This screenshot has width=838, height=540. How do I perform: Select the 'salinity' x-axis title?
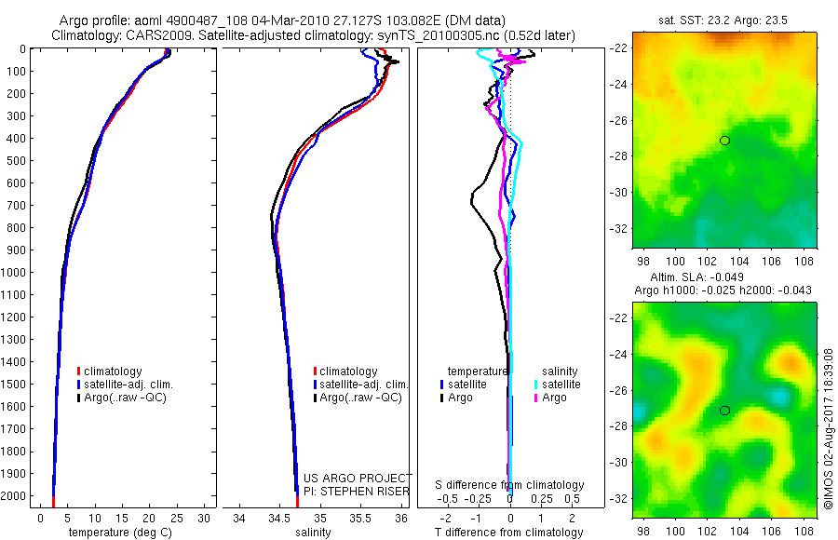(x=314, y=533)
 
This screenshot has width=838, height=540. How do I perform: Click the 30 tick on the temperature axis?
(x=205, y=518)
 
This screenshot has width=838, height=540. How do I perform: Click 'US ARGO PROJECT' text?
(x=358, y=478)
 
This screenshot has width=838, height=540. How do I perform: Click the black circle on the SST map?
(x=724, y=141)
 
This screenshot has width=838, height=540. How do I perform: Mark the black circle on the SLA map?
(x=724, y=411)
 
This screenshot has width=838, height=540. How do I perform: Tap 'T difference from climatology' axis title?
(x=509, y=533)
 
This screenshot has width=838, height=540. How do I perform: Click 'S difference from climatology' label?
(x=509, y=485)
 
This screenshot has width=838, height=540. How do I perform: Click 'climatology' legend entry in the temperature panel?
(x=113, y=371)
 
